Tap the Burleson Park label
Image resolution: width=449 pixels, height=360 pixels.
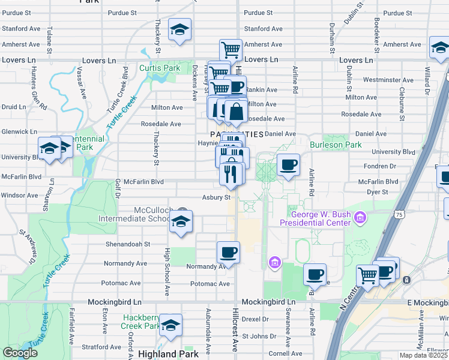click(336, 145)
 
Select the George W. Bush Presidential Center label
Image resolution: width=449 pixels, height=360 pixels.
click(321, 218)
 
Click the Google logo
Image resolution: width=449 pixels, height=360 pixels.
click(20, 353)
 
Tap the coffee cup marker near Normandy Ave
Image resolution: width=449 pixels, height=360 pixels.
click(228, 252)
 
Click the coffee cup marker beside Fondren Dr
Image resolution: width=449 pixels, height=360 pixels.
click(288, 164)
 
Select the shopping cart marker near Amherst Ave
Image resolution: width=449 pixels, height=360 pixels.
click(231, 49)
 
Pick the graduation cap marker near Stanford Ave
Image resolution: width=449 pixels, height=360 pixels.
click(179, 30)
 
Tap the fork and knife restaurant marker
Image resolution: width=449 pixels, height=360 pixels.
click(231, 174)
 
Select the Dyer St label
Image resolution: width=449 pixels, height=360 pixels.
click(377, 192)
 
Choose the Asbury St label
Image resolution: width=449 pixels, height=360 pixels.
click(216, 197)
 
